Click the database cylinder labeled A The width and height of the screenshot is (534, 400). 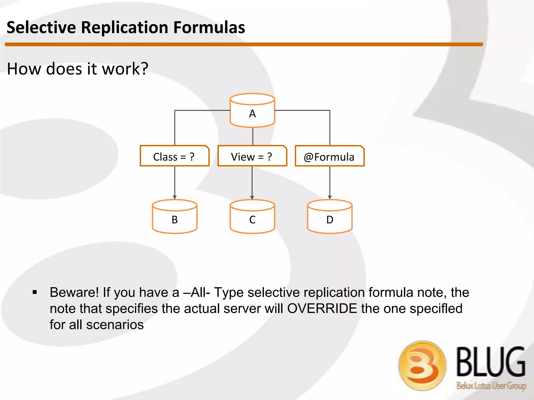(252, 111)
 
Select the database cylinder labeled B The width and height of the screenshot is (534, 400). (175, 217)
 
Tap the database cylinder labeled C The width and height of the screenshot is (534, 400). (252, 217)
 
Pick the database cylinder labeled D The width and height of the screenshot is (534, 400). (330, 217)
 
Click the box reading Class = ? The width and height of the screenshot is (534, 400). (174, 156)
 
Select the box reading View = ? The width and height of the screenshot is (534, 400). (252, 156)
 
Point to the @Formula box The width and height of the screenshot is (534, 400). (330, 156)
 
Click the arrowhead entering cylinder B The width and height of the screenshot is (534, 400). (175, 197)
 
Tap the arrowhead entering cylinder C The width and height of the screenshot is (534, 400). (252, 197)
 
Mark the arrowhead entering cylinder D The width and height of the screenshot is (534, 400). (330, 197)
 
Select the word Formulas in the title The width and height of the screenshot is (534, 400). (209, 28)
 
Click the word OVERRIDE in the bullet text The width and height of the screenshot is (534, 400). (322, 309)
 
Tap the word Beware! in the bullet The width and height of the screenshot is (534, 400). (74, 292)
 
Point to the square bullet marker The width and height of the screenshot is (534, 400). (35, 292)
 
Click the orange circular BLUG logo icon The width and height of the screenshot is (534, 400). (422, 366)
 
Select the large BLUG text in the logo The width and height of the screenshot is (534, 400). (491, 362)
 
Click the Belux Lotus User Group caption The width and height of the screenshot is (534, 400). (491, 385)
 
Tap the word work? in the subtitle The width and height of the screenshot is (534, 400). (125, 69)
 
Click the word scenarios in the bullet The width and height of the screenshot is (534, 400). (115, 325)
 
